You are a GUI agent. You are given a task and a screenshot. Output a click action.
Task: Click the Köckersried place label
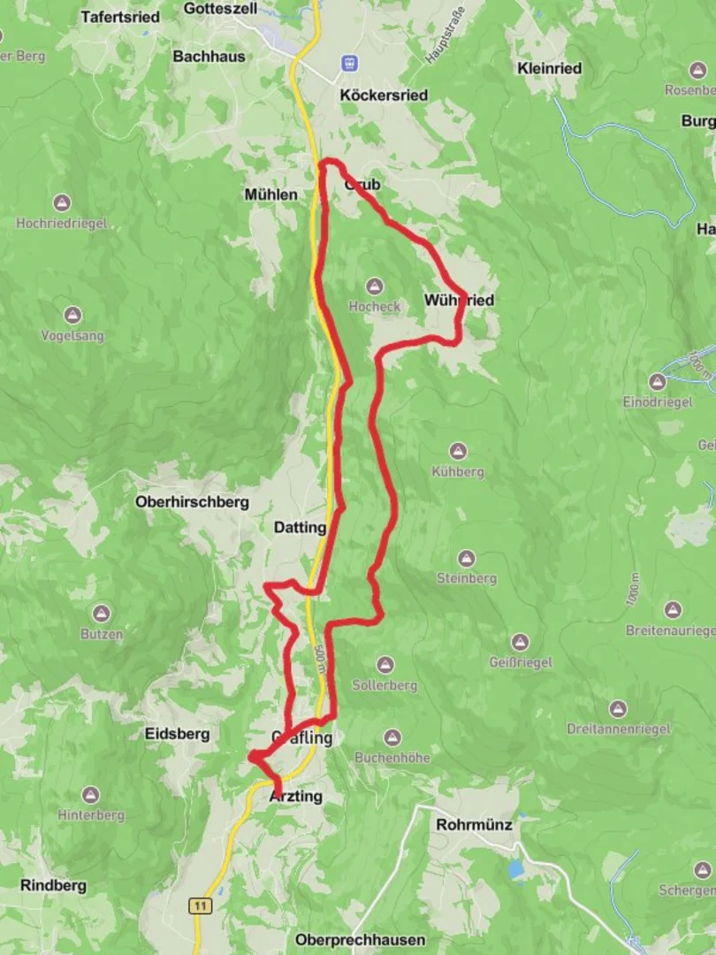point(384,95)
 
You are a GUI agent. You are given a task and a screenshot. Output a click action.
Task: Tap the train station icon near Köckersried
point(352,63)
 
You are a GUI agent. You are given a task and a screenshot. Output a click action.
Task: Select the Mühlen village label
point(271,194)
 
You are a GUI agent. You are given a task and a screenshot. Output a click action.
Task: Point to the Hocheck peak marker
point(375,286)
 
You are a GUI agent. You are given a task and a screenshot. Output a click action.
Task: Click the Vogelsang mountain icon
point(72,315)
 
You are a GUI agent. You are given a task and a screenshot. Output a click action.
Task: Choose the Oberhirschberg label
point(192,501)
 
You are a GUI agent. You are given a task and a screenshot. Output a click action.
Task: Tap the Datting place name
point(300,528)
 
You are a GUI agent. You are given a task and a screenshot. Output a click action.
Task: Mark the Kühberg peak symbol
point(458,451)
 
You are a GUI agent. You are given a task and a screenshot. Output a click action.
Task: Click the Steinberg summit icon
point(467,558)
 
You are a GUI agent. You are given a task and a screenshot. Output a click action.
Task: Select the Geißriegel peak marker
point(520,642)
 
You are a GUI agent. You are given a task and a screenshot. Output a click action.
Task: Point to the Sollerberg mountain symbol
point(385,664)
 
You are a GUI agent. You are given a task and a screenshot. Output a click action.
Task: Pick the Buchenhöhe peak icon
point(392,737)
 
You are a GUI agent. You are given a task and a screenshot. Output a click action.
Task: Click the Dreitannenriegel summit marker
point(618,708)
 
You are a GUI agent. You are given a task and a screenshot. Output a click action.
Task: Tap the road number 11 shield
point(202,905)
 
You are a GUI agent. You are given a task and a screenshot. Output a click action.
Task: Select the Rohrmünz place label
point(474,824)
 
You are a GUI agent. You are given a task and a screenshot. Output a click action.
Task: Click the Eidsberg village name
point(178,733)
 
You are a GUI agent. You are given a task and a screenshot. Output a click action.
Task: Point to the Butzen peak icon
point(102,614)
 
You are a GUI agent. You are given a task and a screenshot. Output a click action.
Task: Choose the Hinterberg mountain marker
point(91,795)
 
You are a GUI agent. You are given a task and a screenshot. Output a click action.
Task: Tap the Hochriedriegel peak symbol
point(61,202)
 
